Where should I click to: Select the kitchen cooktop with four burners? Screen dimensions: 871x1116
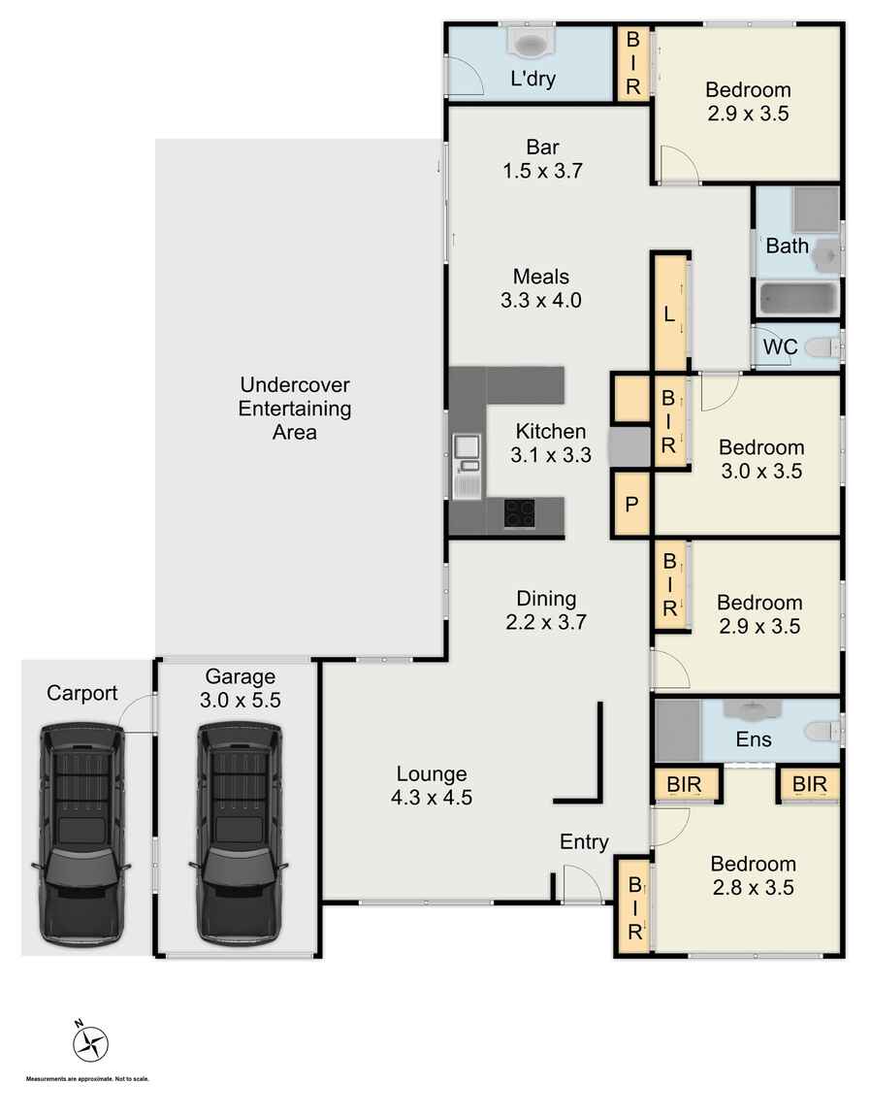(x=520, y=514)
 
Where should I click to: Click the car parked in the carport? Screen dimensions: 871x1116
(x=81, y=835)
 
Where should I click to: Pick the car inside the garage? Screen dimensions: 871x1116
(x=239, y=835)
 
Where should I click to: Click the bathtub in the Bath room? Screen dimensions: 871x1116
(x=797, y=298)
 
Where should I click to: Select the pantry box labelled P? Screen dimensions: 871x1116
(x=631, y=505)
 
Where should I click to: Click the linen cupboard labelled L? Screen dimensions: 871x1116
(x=669, y=313)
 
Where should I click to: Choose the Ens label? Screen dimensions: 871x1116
(x=754, y=739)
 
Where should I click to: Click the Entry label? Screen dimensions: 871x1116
(x=584, y=842)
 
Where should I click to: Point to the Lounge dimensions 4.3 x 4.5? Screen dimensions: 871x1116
(x=432, y=798)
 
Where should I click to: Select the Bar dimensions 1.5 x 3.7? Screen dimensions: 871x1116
(x=542, y=171)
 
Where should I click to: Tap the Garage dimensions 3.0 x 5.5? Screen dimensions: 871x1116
(x=241, y=701)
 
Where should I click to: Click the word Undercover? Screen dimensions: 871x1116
(x=295, y=385)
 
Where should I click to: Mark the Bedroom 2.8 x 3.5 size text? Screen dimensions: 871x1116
(x=753, y=888)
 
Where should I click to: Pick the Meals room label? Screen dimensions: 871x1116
(x=541, y=277)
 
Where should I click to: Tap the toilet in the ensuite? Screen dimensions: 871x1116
(x=824, y=731)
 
